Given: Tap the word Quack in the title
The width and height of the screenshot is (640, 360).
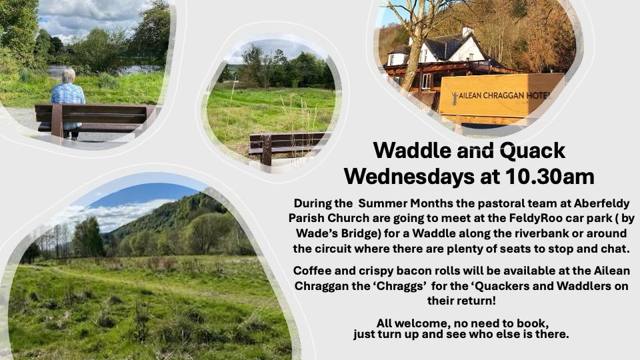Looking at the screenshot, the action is [x=532, y=151].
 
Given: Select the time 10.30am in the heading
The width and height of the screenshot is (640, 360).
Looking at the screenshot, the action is [x=549, y=176].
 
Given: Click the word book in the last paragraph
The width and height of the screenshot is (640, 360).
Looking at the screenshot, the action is [x=531, y=323].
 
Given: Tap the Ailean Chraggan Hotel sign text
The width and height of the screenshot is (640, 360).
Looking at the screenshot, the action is [x=504, y=95].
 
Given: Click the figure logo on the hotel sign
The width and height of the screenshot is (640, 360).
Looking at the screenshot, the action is [x=454, y=99].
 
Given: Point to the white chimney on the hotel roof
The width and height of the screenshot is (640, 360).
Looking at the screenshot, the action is [x=467, y=31].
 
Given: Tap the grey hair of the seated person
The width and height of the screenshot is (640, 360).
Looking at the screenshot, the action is [x=69, y=75].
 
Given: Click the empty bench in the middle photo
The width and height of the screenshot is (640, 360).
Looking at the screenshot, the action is [x=288, y=146].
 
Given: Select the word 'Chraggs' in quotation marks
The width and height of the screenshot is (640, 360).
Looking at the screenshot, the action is [x=401, y=286].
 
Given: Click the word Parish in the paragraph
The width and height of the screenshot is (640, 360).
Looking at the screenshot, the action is [x=306, y=219].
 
